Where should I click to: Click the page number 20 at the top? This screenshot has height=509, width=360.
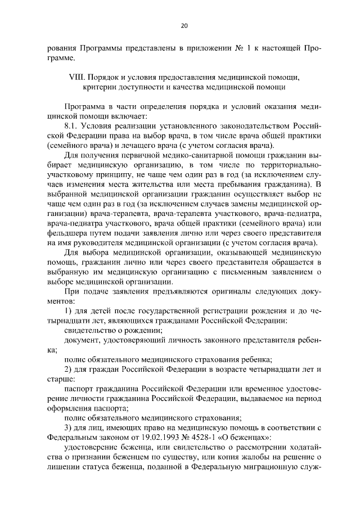click(184, 25)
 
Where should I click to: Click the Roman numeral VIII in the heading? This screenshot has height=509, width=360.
click(73, 76)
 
